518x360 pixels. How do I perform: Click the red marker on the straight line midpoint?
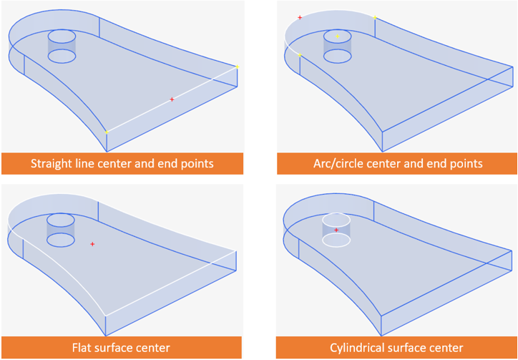[x=172, y=99]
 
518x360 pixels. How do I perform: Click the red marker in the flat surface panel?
[x=92, y=245]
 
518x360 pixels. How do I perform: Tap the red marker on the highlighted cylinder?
[x=336, y=230]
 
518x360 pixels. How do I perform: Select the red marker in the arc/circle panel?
[x=300, y=17]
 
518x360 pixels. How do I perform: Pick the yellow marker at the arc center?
[x=337, y=36]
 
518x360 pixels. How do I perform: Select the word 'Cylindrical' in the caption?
[x=356, y=348]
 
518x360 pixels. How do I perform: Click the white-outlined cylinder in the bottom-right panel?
[x=336, y=229]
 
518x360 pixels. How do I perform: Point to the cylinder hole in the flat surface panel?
[x=60, y=229]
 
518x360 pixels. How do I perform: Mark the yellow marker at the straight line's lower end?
[x=107, y=132]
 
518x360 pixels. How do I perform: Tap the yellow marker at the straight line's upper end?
[x=237, y=67]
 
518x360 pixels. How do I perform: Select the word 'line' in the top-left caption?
[x=92, y=163]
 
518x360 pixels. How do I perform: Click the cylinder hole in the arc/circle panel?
[x=337, y=45]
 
